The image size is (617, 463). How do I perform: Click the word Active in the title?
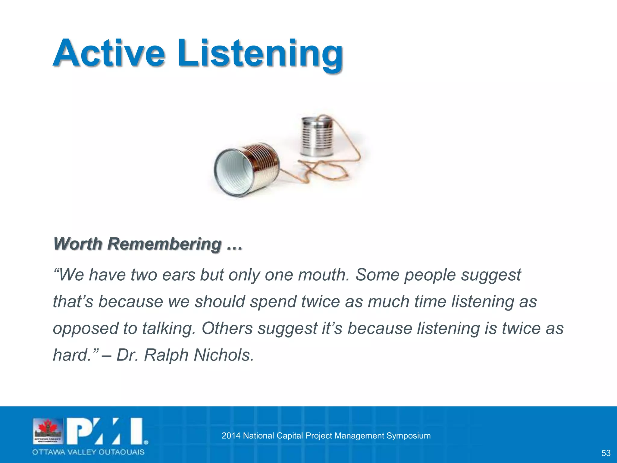point(109,54)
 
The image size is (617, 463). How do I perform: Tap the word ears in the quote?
point(179,275)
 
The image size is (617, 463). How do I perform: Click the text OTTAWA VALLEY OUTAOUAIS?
point(88,452)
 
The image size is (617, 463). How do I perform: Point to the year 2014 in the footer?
point(231,436)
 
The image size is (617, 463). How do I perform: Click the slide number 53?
point(606,453)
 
